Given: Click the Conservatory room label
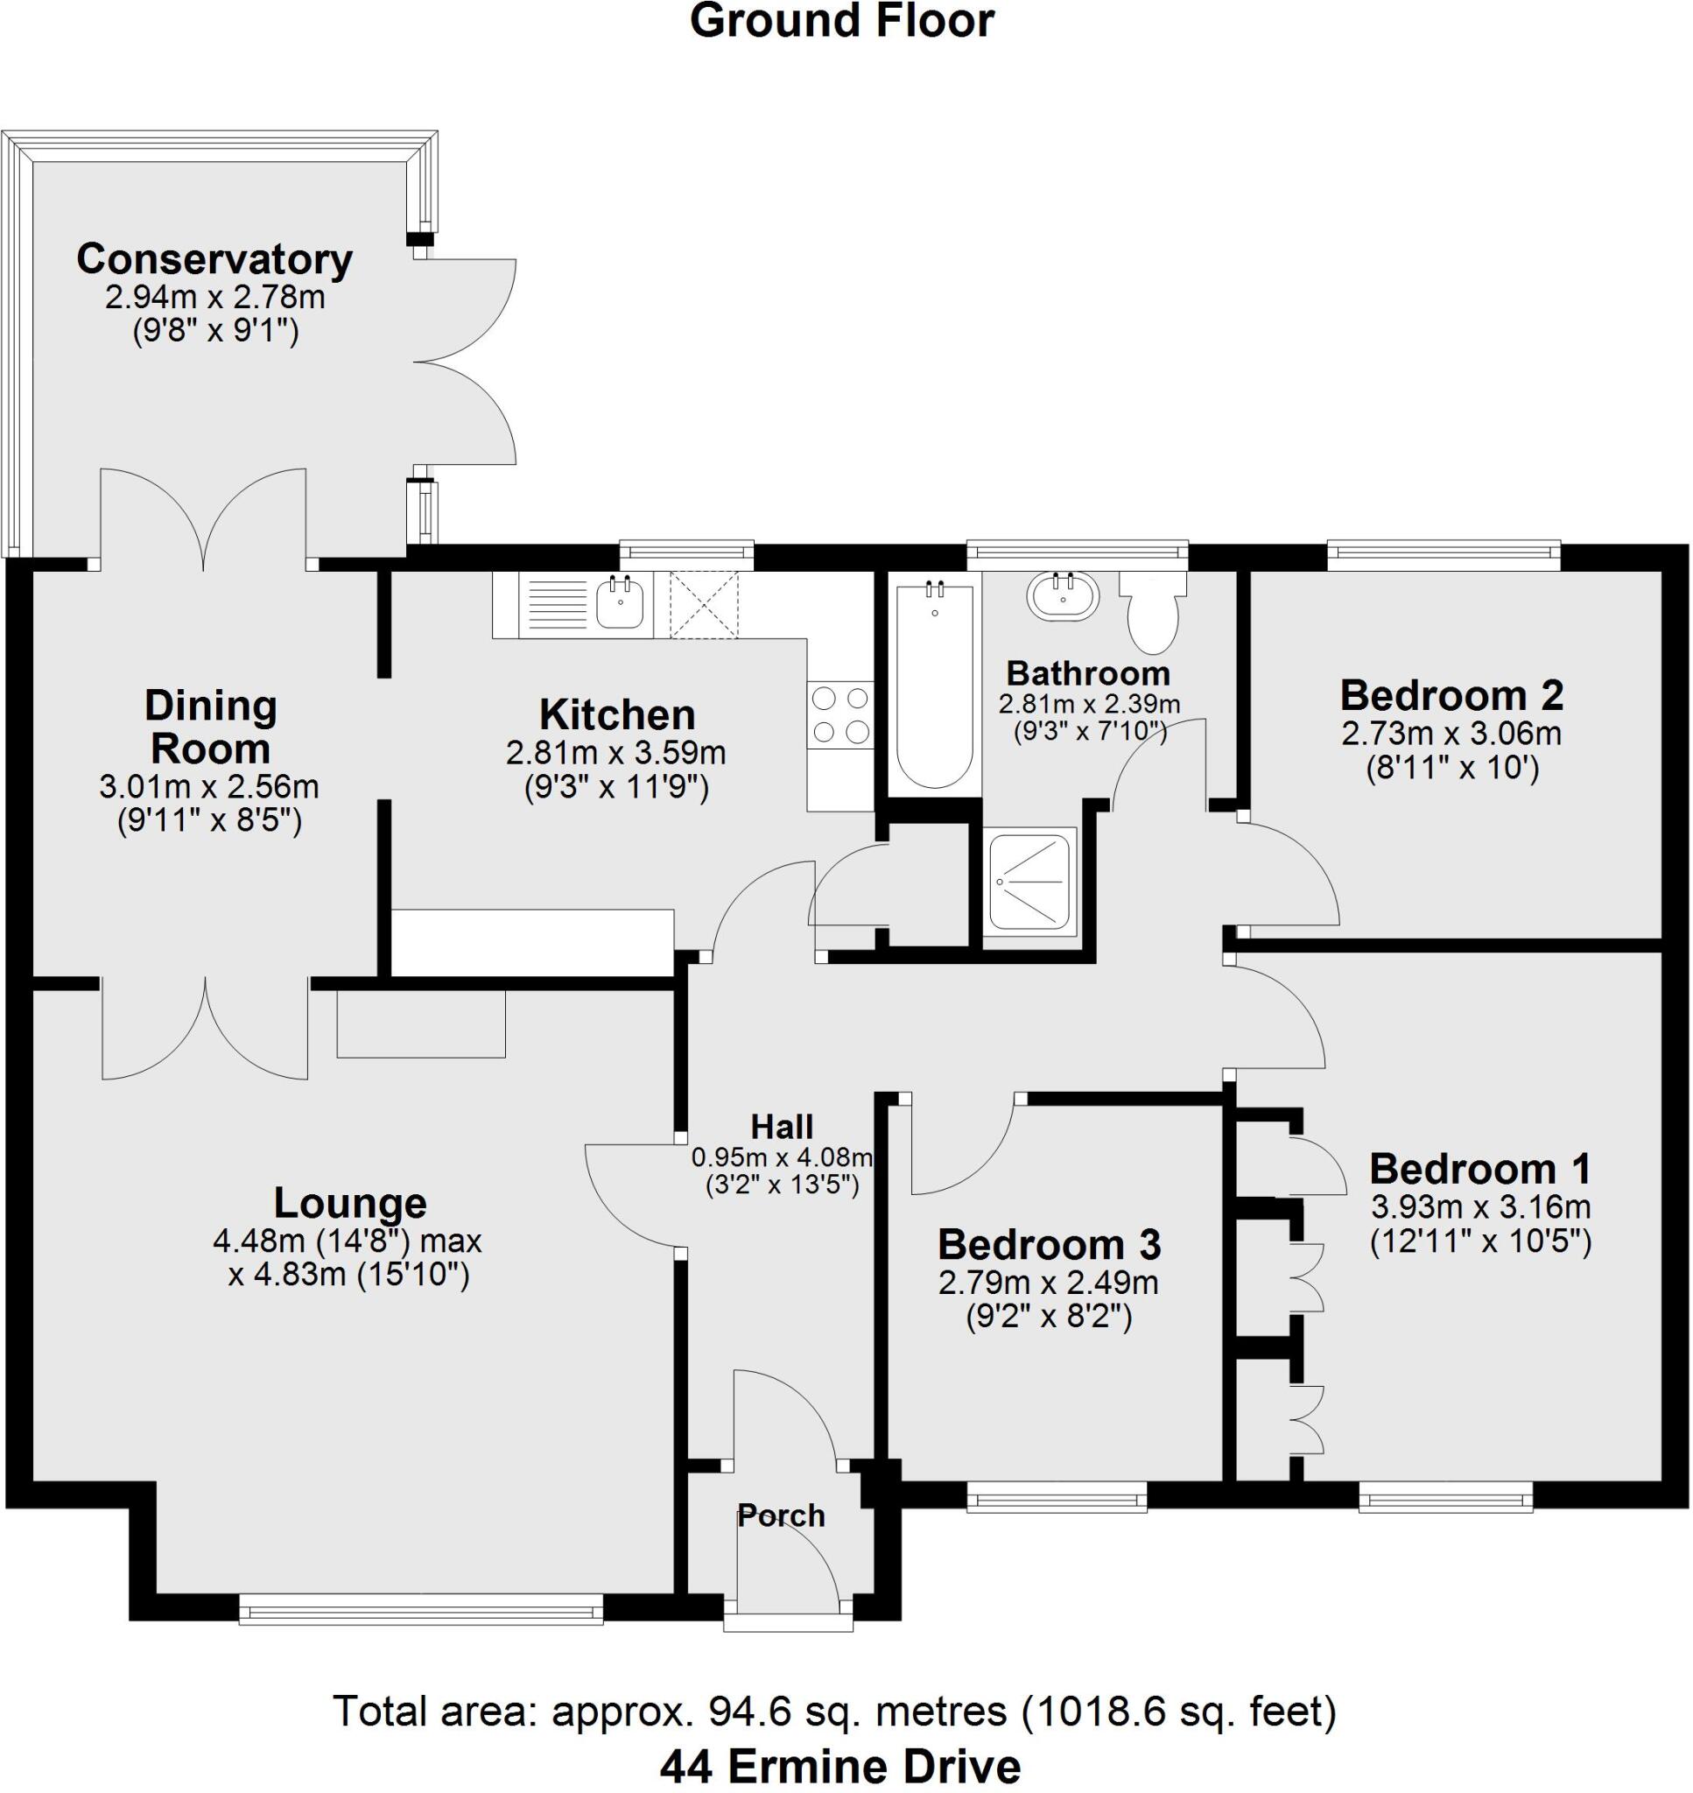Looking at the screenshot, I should (214, 260).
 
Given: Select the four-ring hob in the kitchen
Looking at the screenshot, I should (840, 714).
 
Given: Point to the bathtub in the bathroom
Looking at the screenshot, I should (935, 686).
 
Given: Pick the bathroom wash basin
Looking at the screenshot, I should (1063, 595).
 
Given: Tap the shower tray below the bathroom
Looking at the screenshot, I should (1029, 882).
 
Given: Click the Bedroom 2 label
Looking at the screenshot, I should (1451, 696).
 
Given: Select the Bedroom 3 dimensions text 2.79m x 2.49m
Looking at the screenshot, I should (1049, 1283).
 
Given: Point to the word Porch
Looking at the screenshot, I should (781, 1515).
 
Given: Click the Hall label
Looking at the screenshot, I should (782, 1126).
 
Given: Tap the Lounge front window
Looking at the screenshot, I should (420, 1609).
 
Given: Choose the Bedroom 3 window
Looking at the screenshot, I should (1056, 1501).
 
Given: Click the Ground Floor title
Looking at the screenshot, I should (842, 22).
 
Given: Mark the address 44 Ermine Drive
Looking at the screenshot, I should (840, 1766).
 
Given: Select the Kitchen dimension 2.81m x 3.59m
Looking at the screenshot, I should (616, 752).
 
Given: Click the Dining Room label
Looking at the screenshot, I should (210, 727).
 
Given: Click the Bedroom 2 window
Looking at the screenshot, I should (1443, 554).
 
